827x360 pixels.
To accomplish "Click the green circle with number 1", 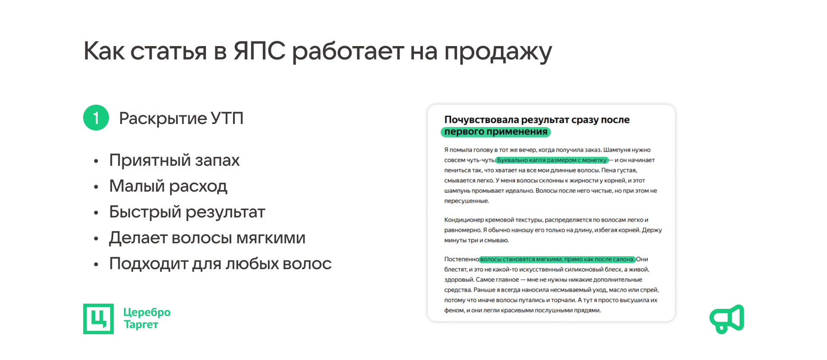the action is click(x=96, y=118).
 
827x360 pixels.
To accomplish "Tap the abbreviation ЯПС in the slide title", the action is click(x=259, y=51).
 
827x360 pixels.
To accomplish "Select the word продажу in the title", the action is click(x=498, y=53).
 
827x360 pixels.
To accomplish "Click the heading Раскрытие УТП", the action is click(x=181, y=118).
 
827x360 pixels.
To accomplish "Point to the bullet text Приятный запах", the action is click(x=174, y=160).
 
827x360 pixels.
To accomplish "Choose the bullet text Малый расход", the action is click(x=168, y=186).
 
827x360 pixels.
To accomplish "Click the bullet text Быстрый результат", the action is click(x=187, y=212).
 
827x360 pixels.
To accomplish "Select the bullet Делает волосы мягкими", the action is click(x=207, y=238).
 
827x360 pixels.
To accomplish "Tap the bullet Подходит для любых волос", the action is click(x=221, y=264).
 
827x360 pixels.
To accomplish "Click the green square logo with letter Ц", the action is click(x=98, y=319).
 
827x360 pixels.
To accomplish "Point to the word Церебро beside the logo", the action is click(x=147, y=312).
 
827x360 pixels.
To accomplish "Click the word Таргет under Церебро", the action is click(x=141, y=324).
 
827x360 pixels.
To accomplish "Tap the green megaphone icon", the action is click(x=727, y=319).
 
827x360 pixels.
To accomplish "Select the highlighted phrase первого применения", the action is click(x=496, y=132).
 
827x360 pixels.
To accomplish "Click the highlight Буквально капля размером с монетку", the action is click(x=552, y=160).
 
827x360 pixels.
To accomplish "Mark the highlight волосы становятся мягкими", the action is click(x=557, y=259).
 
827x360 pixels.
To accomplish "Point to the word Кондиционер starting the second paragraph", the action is click(x=464, y=220).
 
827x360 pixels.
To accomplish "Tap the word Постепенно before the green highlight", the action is click(x=461, y=259).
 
